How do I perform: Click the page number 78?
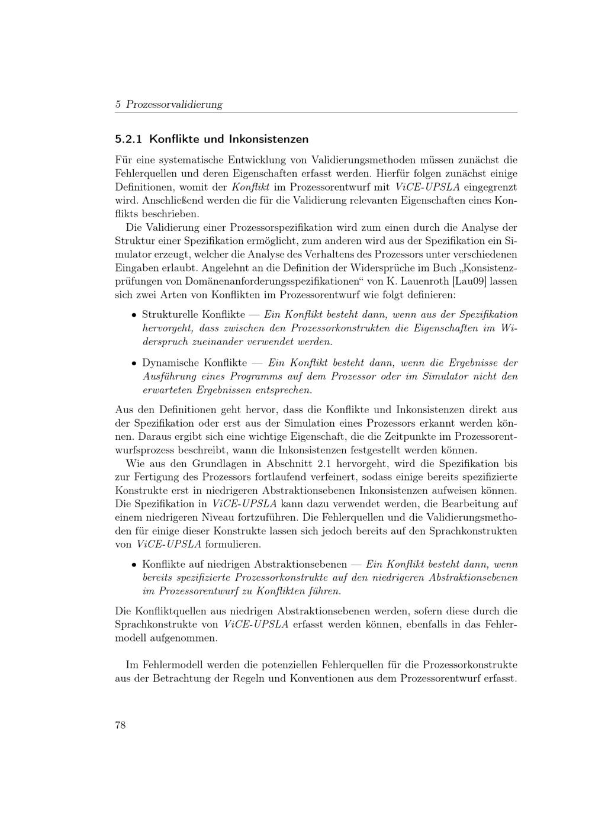(120, 726)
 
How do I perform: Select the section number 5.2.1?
(128, 140)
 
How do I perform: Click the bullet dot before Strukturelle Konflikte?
(134, 315)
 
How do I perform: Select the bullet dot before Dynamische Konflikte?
(134, 363)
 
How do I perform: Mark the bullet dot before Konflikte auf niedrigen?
(134, 565)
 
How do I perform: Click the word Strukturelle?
(170, 314)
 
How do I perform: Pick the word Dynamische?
(170, 363)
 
